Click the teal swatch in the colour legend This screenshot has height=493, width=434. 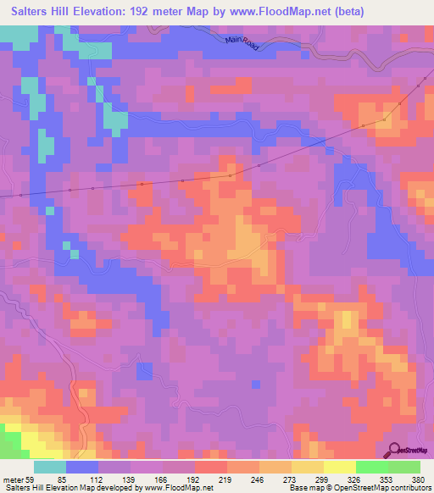point(50,467)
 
